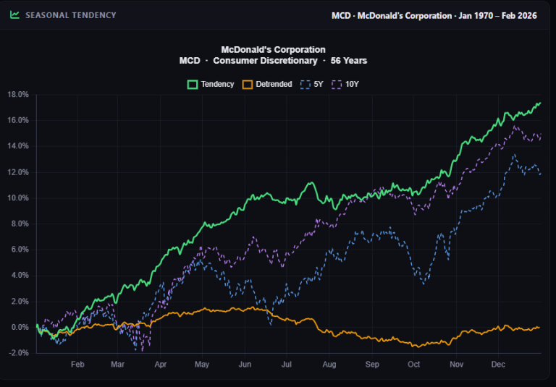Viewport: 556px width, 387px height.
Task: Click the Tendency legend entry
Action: [x=211, y=84]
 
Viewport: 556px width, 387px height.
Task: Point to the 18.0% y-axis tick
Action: [x=17, y=94]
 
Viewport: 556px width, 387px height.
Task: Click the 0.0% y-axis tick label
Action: [x=19, y=327]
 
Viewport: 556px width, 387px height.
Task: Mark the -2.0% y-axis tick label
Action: [x=18, y=353]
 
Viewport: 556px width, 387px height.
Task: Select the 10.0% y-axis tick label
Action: [x=17, y=197]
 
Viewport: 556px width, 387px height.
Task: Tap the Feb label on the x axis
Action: [x=77, y=365]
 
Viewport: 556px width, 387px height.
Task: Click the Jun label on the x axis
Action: [x=245, y=365]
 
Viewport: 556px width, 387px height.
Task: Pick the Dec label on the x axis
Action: [x=498, y=365]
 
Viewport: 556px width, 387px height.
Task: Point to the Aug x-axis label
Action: [x=329, y=365]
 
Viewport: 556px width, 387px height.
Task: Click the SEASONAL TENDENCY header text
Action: [x=70, y=15]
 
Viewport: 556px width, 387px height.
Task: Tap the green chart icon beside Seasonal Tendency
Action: [x=15, y=15]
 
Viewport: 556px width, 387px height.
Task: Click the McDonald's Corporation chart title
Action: [x=273, y=50]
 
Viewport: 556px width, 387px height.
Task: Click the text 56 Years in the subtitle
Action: [x=349, y=61]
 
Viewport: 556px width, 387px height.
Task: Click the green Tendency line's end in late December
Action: [x=540, y=103]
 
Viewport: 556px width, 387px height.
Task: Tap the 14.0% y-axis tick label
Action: [x=17, y=145]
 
